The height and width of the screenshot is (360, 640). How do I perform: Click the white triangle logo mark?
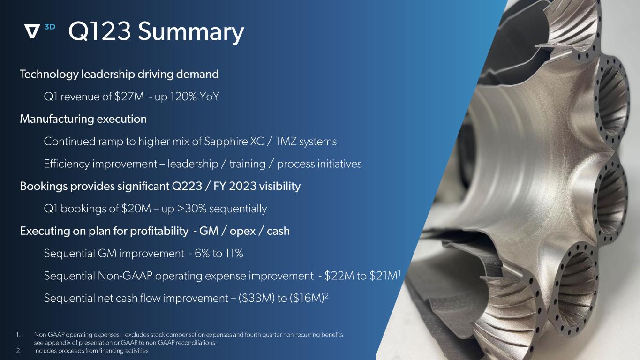tap(32, 31)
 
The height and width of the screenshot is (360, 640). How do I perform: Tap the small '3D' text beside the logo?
tap(50, 27)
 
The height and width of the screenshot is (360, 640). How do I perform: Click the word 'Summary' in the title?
tap(191, 32)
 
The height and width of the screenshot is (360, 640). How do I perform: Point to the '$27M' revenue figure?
tap(129, 97)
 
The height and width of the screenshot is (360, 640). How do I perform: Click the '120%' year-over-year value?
tap(183, 97)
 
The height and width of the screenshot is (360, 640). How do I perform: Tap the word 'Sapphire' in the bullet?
tap(226, 142)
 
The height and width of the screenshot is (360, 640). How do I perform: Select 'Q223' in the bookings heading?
tap(187, 186)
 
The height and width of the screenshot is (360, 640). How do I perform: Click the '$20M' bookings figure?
tap(136, 209)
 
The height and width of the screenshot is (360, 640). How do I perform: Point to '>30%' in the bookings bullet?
tap(192, 209)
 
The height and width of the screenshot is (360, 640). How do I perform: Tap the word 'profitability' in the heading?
tap(159, 231)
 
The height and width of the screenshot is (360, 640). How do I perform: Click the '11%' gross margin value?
tap(233, 254)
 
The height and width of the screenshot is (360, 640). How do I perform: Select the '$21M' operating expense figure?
tap(384, 276)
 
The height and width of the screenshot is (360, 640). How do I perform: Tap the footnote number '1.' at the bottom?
tap(18, 335)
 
